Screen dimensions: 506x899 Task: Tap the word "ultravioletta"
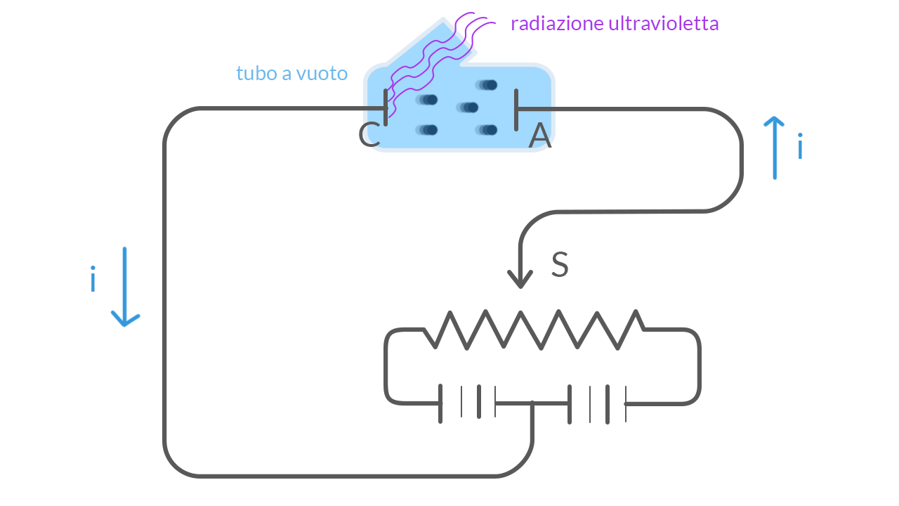point(663,24)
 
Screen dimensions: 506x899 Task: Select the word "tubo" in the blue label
point(254,73)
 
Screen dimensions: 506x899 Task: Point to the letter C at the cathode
point(369,136)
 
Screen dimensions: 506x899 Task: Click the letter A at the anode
point(540,136)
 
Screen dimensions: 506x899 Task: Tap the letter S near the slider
point(560,265)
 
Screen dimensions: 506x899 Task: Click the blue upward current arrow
point(774,148)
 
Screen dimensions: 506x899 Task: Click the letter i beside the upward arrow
point(800,148)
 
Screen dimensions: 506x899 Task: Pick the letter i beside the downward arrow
point(93,280)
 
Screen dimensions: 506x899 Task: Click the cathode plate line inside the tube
point(386,108)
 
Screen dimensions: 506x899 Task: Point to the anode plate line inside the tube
point(516,109)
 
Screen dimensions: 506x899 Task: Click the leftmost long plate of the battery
point(440,403)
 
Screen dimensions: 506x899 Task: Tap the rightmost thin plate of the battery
point(625,403)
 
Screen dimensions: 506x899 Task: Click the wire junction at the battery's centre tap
point(532,403)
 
